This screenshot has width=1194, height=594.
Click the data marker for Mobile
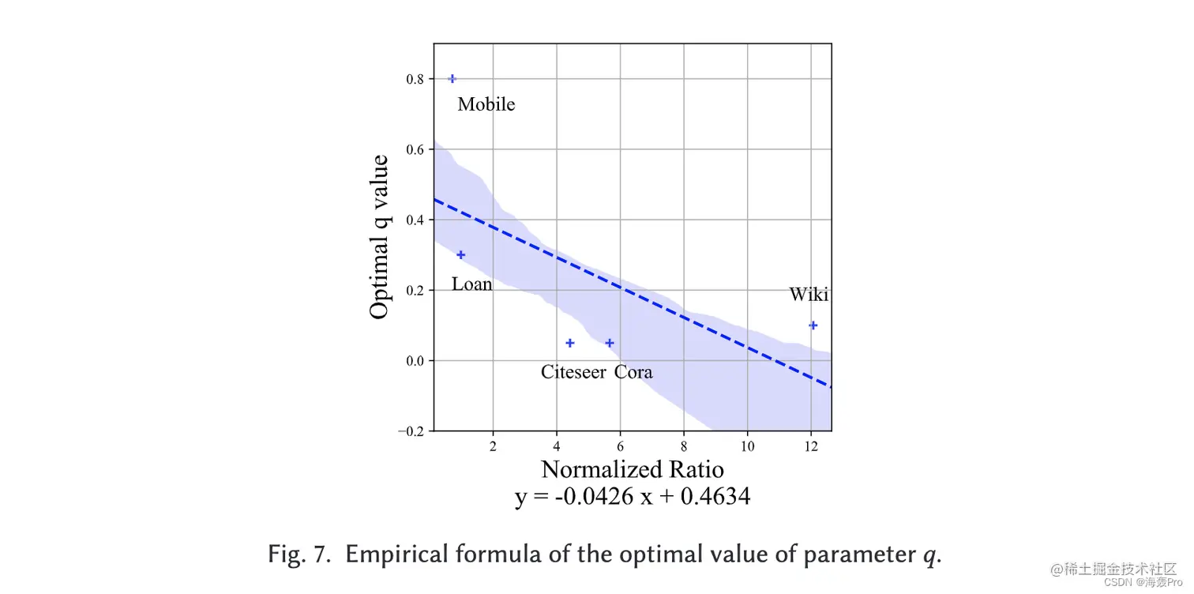click(x=452, y=78)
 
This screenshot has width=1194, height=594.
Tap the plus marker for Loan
click(x=461, y=254)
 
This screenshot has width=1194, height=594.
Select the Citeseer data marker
click(x=570, y=343)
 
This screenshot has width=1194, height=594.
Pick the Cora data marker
click(x=610, y=343)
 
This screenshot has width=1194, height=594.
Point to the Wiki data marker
click(x=813, y=325)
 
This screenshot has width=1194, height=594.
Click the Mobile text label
click(x=486, y=104)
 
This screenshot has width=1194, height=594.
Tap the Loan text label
click(x=471, y=284)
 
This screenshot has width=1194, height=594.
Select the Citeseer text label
click(x=574, y=372)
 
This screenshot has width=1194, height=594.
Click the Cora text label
click(x=633, y=372)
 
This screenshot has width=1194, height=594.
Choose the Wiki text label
click(x=809, y=295)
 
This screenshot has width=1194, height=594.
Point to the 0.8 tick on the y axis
click(x=415, y=79)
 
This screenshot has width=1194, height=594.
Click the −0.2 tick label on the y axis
click(x=411, y=431)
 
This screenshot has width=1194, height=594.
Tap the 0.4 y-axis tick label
click(x=415, y=220)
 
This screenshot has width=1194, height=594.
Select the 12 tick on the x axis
click(x=810, y=446)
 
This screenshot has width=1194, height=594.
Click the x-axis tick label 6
click(x=620, y=446)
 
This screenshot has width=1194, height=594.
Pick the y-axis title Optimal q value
click(x=380, y=237)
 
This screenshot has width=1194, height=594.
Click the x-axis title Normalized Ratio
click(x=632, y=469)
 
